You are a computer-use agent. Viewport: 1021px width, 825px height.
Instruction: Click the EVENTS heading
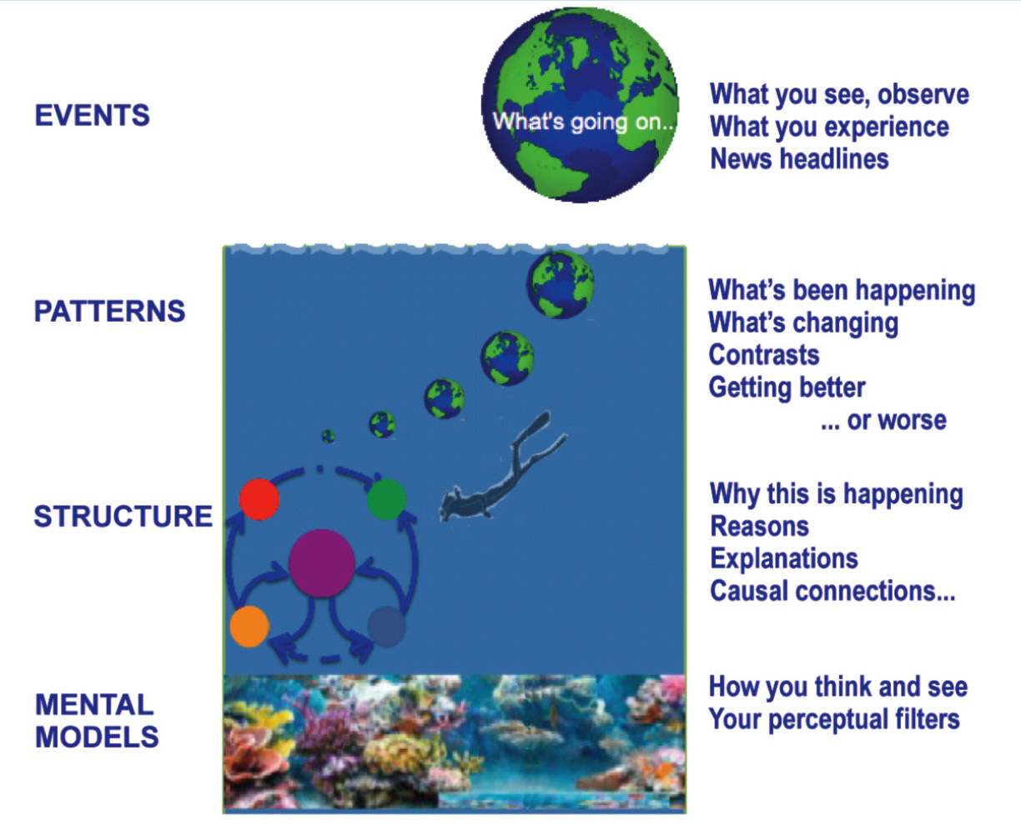[92, 115]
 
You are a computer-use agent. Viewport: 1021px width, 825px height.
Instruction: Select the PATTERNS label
[110, 311]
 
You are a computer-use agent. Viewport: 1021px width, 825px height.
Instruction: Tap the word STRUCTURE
[123, 516]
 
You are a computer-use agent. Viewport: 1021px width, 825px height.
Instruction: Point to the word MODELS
[97, 737]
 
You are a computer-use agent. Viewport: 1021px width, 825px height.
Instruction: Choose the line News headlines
[799, 158]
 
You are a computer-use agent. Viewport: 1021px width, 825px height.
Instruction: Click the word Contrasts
[764, 355]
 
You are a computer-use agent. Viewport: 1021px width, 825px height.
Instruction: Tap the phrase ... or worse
[883, 421]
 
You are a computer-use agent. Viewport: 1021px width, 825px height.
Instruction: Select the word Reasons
[760, 526]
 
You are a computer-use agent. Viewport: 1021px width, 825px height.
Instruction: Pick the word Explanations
[784, 558]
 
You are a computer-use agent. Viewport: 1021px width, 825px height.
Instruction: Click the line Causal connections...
[832, 591]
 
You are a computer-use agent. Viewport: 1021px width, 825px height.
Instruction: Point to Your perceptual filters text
[834, 719]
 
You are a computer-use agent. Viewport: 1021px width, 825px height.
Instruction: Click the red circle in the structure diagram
[259, 499]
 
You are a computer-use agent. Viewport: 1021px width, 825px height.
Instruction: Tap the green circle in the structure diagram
[387, 499]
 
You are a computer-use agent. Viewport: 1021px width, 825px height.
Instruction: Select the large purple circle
[322, 563]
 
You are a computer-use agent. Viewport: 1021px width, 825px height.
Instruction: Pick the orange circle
[249, 627]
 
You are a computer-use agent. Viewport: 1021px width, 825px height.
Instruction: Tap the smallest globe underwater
[329, 436]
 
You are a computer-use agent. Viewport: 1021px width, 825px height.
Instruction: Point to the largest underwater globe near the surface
[561, 285]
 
